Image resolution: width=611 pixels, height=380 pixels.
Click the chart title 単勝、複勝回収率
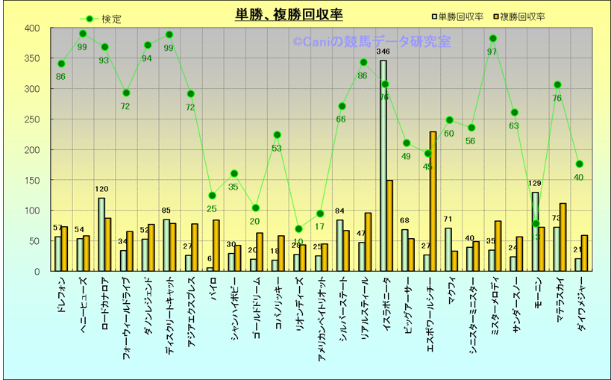point(289,15)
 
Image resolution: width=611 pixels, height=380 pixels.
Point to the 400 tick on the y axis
point(32,28)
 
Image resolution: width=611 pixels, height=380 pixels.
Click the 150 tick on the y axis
point(32,181)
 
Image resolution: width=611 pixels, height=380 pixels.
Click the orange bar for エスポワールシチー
point(433,202)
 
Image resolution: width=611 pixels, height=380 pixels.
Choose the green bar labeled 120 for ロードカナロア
point(101,234)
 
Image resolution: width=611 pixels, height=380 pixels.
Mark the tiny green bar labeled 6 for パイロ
point(210,269)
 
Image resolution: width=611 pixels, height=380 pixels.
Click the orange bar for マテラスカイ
point(563,237)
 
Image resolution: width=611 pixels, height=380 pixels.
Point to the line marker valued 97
point(492,39)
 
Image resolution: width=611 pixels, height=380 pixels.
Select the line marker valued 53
point(277,135)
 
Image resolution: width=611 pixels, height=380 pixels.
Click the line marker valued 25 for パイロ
point(212,196)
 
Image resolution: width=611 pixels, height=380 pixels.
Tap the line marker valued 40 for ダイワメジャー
point(579,164)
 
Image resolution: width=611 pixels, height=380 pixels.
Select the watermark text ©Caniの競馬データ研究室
point(372,43)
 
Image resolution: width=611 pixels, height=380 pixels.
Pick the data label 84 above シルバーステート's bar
point(339,211)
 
